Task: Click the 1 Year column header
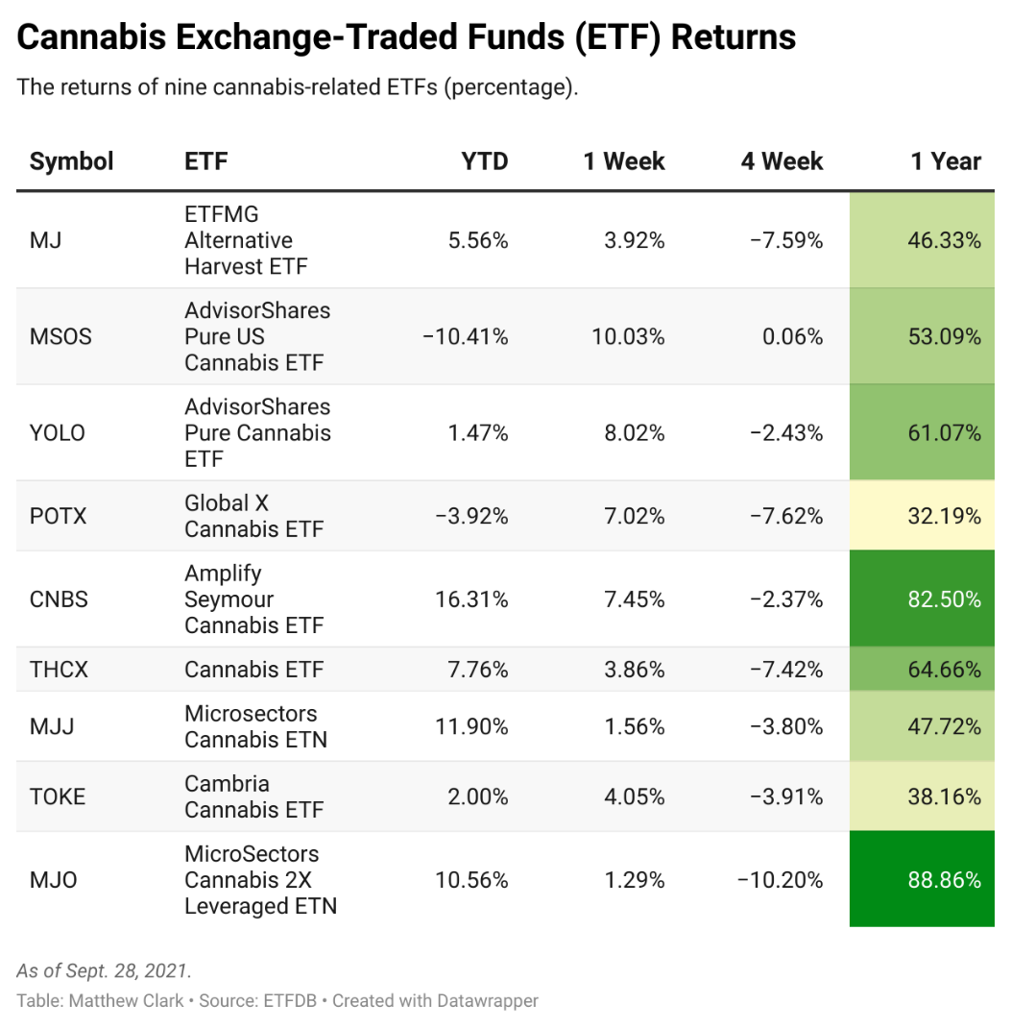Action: [945, 161]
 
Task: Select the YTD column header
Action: [484, 161]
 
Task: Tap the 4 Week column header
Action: [782, 161]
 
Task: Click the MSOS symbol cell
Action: [60, 337]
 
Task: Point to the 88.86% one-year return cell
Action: [944, 880]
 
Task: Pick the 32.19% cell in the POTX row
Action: [944, 516]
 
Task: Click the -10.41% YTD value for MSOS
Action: [466, 337]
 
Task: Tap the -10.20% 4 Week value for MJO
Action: [780, 880]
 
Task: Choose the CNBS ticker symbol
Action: [59, 600]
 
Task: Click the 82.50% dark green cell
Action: [944, 600]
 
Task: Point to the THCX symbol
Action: [59, 670]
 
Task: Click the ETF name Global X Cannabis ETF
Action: [253, 516]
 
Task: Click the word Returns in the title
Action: [734, 37]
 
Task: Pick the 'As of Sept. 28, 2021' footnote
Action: [104, 970]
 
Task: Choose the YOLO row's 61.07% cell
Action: [944, 433]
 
